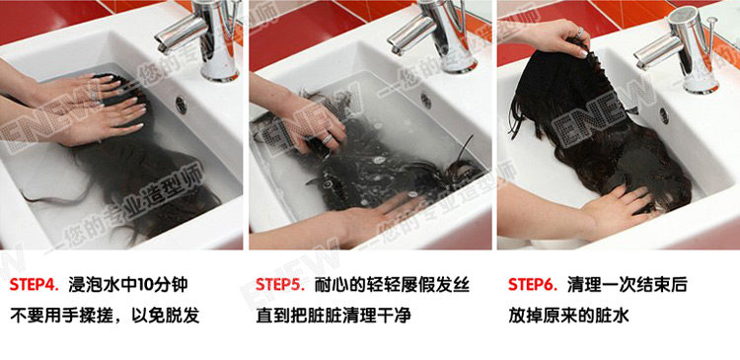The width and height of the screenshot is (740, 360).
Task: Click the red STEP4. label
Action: [34, 285]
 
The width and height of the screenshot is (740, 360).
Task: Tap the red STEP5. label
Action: [280, 285]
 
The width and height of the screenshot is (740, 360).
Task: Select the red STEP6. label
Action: [533, 285]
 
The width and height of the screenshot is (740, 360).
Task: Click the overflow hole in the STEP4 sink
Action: [182, 105]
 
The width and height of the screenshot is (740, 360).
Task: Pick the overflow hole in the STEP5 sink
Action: [426, 100]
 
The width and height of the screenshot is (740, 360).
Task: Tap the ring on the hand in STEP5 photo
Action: [328, 139]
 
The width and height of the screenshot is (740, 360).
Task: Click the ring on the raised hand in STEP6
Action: [580, 33]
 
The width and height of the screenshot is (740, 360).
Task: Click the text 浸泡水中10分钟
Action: [128, 285]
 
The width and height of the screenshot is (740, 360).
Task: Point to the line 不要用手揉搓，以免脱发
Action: [105, 316]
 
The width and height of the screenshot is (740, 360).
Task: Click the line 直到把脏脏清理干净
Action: [333, 316]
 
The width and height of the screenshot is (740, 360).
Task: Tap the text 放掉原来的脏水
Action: [568, 316]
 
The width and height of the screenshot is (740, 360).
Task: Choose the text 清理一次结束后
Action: [628, 285]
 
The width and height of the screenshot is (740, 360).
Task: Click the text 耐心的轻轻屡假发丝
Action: [392, 285]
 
